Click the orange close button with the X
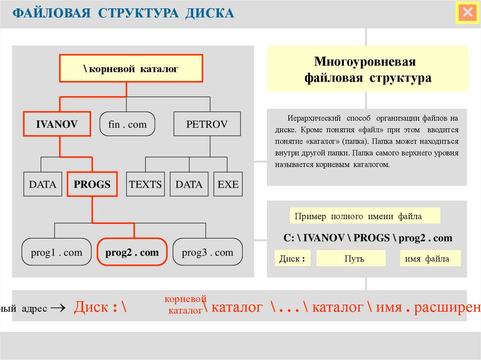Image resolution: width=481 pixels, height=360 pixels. pos(467,13)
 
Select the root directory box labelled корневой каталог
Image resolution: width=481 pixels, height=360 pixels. pos(131,69)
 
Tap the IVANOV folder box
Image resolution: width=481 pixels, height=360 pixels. pos(56,124)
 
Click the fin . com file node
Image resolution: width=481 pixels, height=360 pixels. pos(127,124)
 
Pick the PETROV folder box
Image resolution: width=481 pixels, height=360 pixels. pos(207,124)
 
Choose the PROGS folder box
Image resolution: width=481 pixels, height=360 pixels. pos(92,184)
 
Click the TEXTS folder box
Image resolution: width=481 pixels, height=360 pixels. pos(145,184)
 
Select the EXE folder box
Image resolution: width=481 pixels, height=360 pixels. pos(228,184)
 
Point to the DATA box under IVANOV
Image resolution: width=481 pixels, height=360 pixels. pos(42,184)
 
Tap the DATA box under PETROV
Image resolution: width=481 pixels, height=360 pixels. pos(189,184)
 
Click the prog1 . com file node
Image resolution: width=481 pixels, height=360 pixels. pos(56,253)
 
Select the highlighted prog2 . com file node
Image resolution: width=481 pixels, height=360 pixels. pos(132,253)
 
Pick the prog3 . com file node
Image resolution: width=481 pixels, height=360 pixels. pos(208,253)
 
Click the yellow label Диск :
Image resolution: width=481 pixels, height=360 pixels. pos(293,259)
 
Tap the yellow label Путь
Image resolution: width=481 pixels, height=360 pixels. pos(351,259)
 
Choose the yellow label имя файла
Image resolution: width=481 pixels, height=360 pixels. pos(430,259)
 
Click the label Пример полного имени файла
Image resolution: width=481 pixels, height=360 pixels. pos(365,216)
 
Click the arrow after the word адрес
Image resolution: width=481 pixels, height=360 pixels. pos(56,308)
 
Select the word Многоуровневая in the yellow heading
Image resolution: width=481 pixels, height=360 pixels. pos(365,62)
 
